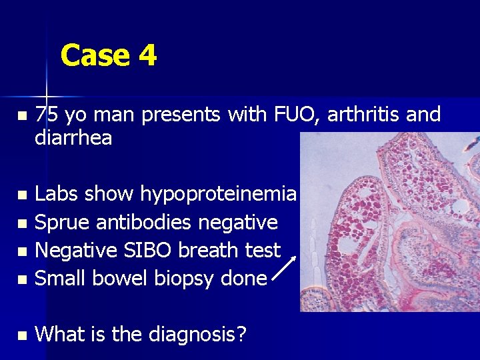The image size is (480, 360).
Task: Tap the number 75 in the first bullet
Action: [x=46, y=115]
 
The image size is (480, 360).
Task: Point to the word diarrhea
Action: [x=73, y=138]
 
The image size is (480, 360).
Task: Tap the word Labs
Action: [x=55, y=194]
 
